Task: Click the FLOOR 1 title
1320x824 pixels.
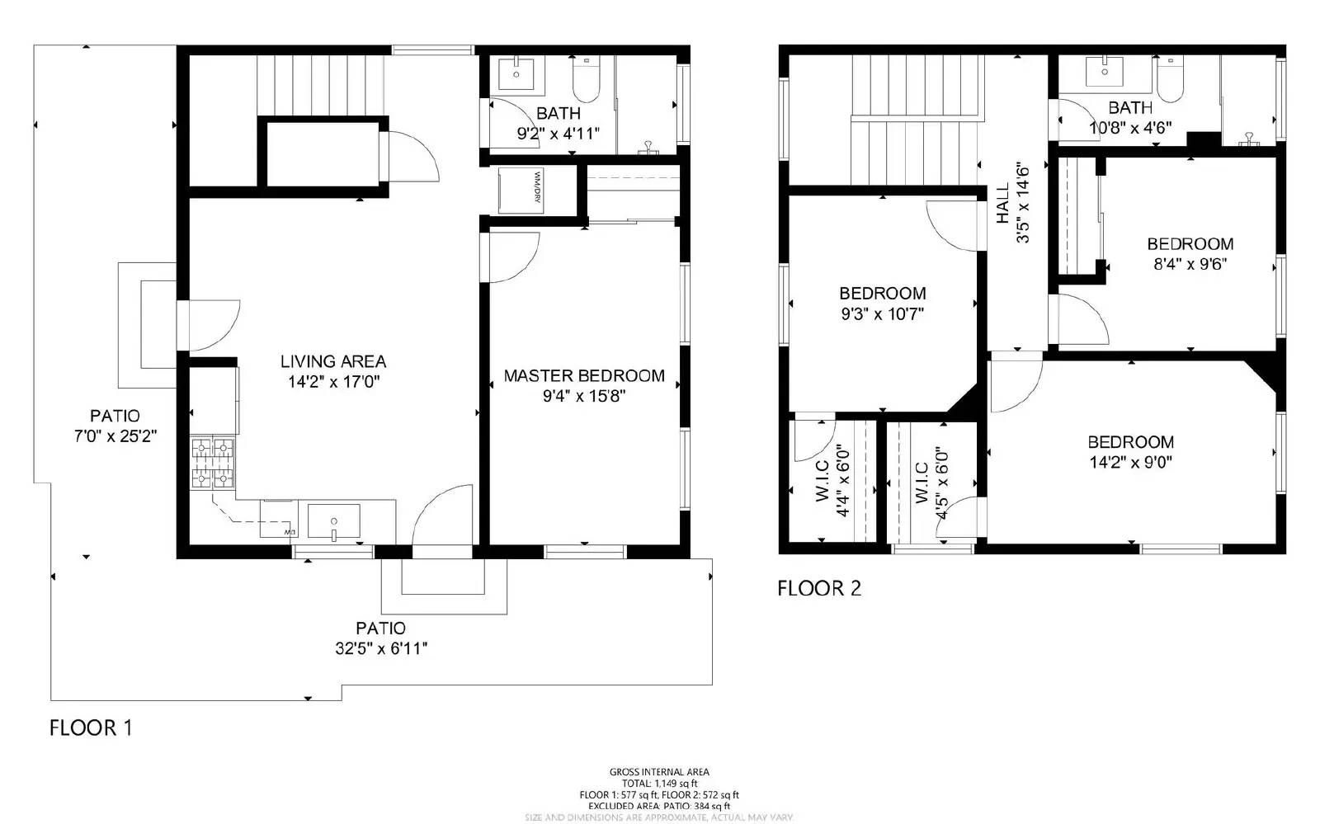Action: click(x=91, y=727)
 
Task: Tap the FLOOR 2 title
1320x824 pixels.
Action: click(x=819, y=588)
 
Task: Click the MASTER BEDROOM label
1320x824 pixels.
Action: click(x=584, y=375)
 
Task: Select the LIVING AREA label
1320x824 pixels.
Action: click(x=332, y=361)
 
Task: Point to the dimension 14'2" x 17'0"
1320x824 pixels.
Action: click(x=332, y=382)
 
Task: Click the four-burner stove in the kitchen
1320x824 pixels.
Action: click(x=213, y=463)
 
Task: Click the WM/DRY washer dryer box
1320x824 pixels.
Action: click(x=521, y=191)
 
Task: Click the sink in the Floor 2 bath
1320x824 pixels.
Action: click(x=1105, y=72)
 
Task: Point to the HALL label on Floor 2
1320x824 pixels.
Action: click(x=1002, y=203)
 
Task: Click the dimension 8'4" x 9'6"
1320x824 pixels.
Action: click(x=1190, y=265)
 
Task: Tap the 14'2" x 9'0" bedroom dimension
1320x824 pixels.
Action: click(x=1130, y=463)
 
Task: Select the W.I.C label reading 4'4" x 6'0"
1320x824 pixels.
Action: click(x=833, y=482)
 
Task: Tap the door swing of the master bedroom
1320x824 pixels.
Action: click(x=513, y=257)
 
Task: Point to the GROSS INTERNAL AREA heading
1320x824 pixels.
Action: click(x=659, y=772)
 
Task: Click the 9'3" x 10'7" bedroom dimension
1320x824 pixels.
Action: click(x=882, y=314)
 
